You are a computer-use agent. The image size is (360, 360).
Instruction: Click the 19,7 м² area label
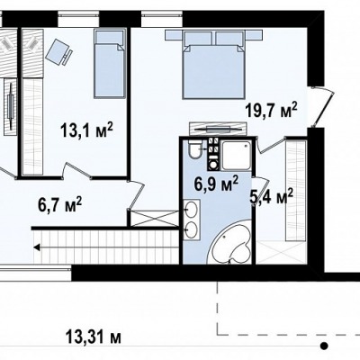coord(271,110)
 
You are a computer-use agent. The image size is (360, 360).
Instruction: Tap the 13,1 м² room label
coord(86,130)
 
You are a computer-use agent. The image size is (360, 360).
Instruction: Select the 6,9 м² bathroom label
coord(216,184)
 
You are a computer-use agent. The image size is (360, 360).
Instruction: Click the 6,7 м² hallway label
coord(59,204)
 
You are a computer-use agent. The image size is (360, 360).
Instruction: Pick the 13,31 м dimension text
coord(94,337)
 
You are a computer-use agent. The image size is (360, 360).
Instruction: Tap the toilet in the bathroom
coord(195,149)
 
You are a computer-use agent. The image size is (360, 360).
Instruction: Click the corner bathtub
coord(232,243)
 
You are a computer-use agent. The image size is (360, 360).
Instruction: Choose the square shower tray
coord(236,156)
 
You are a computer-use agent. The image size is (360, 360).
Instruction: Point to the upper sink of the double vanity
coord(192,210)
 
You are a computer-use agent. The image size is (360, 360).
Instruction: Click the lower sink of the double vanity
coord(192,229)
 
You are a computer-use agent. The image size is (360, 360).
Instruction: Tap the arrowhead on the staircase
coord(37,247)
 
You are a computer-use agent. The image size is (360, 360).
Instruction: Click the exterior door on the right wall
coord(322,106)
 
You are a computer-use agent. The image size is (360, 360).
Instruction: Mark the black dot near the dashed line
coord(323,346)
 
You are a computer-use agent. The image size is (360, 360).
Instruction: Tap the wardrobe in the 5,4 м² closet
coord(295,191)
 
